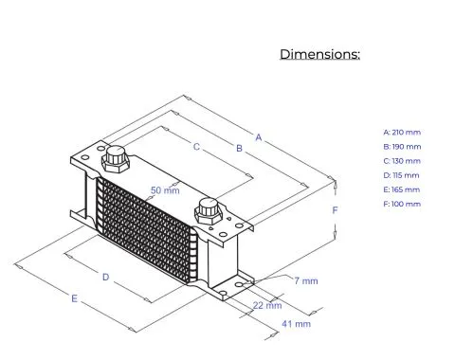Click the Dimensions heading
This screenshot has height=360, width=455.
click(319, 54)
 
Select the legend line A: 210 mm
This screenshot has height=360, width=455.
click(402, 133)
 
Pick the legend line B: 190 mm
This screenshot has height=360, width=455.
click(402, 147)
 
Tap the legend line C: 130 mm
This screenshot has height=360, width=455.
click(402, 161)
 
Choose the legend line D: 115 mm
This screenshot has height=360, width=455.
click(401, 175)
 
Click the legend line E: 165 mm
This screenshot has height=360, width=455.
click(402, 189)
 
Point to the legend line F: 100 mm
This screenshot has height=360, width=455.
click(402, 204)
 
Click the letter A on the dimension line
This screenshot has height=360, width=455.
click(259, 137)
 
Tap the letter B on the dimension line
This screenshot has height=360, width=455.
click(240, 148)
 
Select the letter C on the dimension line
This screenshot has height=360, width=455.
click(196, 147)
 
